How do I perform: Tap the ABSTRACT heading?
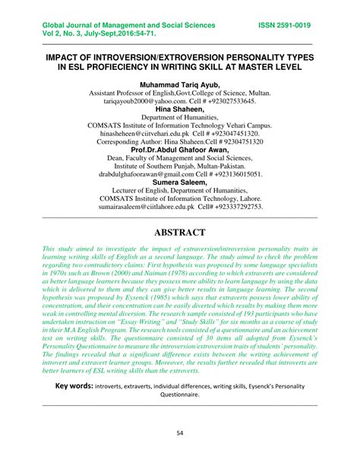[179, 231]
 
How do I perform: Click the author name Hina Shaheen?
[180, 110]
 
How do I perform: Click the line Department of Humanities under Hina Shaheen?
[180, 119]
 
